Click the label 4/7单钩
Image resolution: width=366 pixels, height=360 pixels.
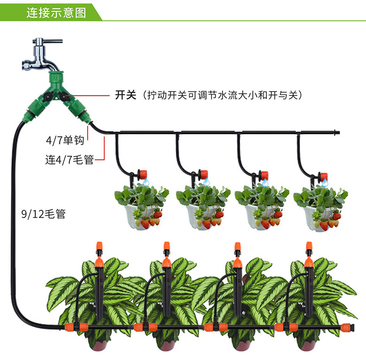(x=65, y=140)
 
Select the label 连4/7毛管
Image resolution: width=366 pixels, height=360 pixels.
(x=69, y=160)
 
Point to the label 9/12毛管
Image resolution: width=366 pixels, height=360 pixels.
(x=43, y=214)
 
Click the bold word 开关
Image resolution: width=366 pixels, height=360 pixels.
(x=125, y=95)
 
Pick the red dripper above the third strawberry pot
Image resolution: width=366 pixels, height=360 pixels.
(x=264, y=176)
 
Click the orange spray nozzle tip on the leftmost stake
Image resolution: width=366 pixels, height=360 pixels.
(x=98, y=245)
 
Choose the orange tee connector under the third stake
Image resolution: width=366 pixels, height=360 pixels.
(x=213, y=327)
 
